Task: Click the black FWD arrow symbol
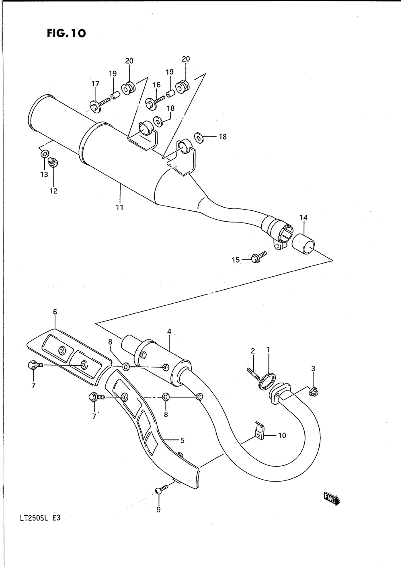click(x=332, y=498)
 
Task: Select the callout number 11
click(x=119, y=208)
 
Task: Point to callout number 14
click(x=303, y=218)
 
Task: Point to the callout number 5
click(x=182, y=440)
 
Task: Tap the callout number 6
click(x=55, y=311)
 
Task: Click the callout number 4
click(x=169, y=331)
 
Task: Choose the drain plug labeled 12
click(x=51, y=162)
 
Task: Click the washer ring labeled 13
click(x=45, y=154)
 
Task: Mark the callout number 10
click(x=282, y=436)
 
